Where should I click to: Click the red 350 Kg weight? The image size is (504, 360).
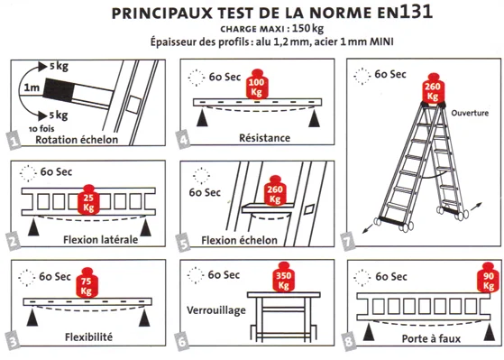(x=283, y=277)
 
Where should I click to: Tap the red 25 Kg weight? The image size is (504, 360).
(x=88, y=199)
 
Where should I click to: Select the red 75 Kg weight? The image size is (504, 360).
(x=87, y=282)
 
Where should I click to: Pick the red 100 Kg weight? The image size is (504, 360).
(x=256, y=84)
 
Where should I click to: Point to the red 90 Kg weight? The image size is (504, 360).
(x=489, y=277)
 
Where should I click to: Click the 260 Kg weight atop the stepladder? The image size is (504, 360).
(x=432, y=88)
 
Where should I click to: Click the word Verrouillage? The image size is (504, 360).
(x=216, y=310)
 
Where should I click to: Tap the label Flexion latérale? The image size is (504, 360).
(x=101, y=240)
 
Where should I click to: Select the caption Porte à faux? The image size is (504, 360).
(x=431, y=338)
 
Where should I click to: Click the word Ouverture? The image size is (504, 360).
(x=470, y=113)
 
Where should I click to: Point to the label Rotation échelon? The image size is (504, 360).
(x=77, y=140)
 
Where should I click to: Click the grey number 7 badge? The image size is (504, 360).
(x=348, y=242)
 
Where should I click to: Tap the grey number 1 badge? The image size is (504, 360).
(x=14, y=141)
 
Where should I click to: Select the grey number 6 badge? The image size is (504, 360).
(x=182, y=341)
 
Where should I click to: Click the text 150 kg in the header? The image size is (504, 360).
(x=308, y=29)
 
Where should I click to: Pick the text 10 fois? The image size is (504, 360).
(x=41, y=129)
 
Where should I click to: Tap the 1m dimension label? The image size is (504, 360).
(x=32, y=88)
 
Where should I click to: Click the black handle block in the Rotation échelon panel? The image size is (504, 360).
(x=60, y=90)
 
